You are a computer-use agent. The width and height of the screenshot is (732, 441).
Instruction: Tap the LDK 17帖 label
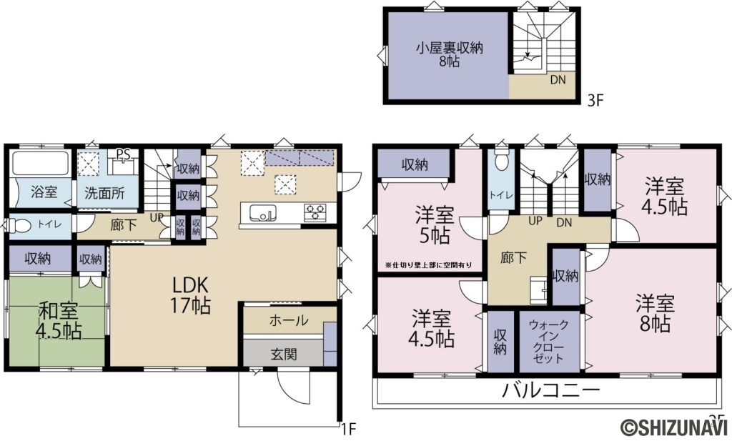coord(191,294)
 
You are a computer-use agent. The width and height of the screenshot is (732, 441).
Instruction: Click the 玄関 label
coord(283,353)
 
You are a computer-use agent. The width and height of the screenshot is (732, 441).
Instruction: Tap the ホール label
coord(289,320)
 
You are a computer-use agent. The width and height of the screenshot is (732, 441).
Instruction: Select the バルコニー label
coord(550,390)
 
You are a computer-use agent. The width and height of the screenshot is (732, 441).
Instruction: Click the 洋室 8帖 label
coord(653,313)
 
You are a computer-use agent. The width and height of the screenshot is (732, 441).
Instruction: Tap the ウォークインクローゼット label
coord(550,341)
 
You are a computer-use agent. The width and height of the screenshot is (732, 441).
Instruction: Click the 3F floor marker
coord(596,101)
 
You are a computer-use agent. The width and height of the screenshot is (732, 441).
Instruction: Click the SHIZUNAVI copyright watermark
coord(674,427)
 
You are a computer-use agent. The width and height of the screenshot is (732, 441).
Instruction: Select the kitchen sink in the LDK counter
coord(262,212)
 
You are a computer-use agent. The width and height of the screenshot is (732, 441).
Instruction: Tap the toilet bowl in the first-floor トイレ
coord(21,226)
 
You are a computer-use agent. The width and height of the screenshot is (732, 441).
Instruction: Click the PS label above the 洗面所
coord(124,153)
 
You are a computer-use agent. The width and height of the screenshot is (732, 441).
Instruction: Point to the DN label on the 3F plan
coord(558,80)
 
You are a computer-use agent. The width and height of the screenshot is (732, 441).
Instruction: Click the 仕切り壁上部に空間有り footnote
coord(428,265)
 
